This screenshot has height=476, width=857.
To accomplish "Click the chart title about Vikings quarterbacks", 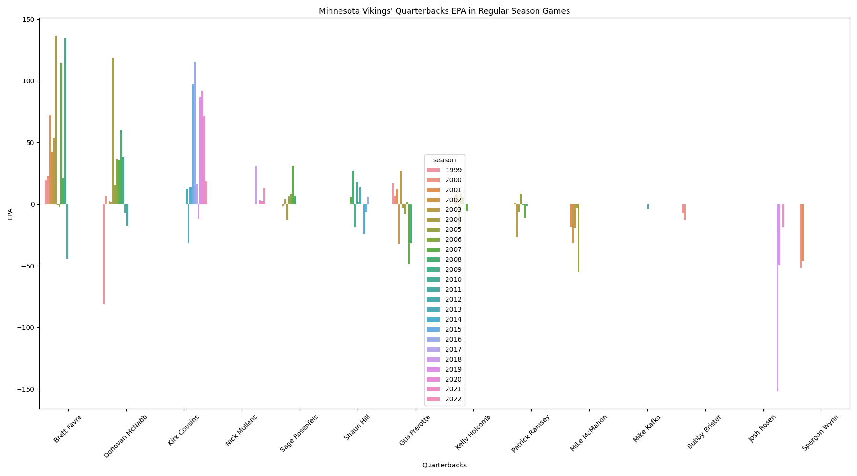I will pyautogui.click(x=444, y=11).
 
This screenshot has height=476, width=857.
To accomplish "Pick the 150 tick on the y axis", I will pyautogui.click(x=28, y=20).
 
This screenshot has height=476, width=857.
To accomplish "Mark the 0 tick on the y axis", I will pyautogui.click(x=32, y=204).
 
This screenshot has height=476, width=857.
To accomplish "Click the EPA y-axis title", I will pyautogui.click(x=10, y=214).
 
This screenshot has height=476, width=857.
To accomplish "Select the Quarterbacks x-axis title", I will pyautogui.click(x=444, y=465).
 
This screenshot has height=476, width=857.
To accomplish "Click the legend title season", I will pyautogui.click(x=444, y=160).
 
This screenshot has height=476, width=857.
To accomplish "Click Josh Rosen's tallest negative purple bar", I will pyautogui.click(x=777, y=297).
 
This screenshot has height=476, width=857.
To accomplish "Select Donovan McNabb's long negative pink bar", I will pyautogui.click(x=104, y=254).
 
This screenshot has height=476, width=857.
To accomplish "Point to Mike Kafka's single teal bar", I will pyautogui.click(x=648, y=207).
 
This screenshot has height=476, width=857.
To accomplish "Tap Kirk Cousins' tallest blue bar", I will pyautogui.click(x=195, y=133).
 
